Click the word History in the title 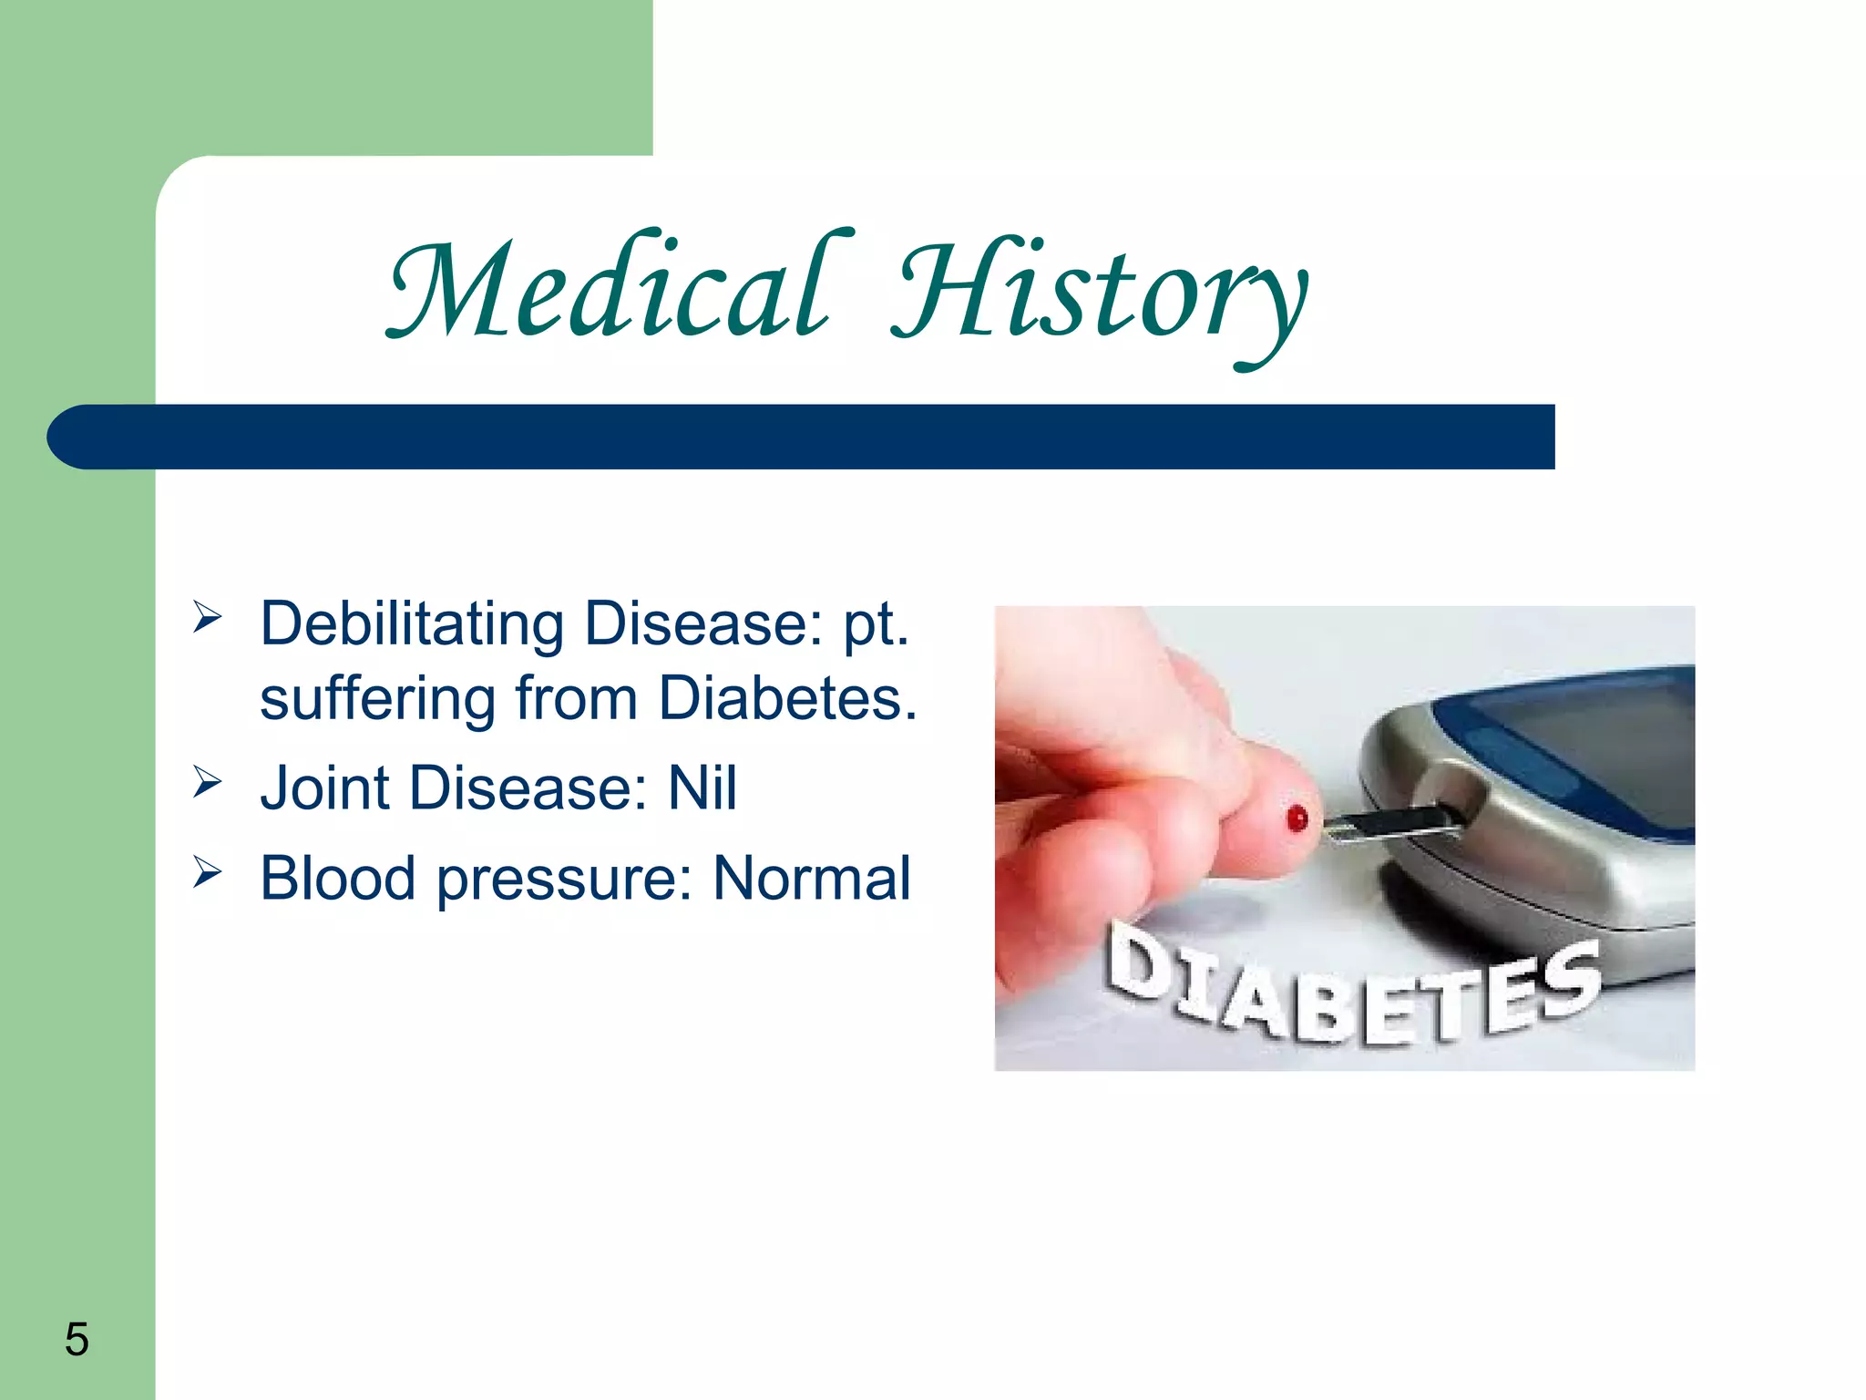[1101, 296]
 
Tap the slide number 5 [77, 1339]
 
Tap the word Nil [702, 787]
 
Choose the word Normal [812, 878]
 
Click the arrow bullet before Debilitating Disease [208, 619]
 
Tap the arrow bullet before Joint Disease [208, 782]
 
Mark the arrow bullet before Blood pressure [208, 872]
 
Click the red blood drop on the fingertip [1297, 818]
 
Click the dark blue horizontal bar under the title [801, 437]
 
